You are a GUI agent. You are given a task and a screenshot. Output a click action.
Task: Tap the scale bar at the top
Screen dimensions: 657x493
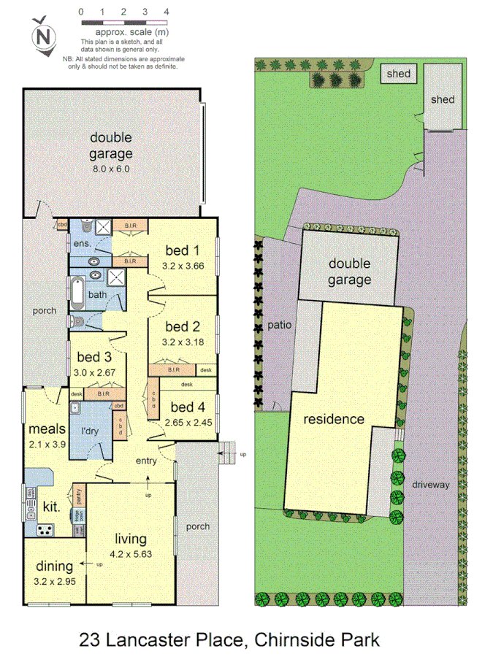click(x=124, y=23)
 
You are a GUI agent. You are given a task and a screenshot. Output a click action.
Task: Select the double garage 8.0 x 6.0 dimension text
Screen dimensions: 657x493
click(x=111, y=168)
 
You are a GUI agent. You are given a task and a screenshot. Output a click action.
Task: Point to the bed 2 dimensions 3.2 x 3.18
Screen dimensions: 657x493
click(x=183, y=340)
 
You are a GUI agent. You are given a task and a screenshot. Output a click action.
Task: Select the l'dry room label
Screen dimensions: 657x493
click(x=90, y=431)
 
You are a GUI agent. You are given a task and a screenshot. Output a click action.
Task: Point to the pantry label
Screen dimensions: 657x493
click(x=78, y=496)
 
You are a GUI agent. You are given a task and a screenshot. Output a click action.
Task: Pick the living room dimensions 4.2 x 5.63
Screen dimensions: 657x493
click(x=131, y=553)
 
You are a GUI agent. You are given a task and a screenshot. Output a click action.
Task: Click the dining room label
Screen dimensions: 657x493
click(x=55, y=566)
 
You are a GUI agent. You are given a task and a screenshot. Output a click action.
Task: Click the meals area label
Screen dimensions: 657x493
click(x=47, y=429)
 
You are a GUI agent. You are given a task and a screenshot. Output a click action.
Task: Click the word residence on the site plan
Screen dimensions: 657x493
click(x=334, y=419)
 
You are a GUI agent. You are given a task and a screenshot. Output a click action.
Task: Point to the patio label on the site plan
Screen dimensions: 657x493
click(x=280, y=326)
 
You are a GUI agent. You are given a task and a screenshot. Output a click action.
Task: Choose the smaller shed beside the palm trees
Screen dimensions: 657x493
click(x=398, y=74)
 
